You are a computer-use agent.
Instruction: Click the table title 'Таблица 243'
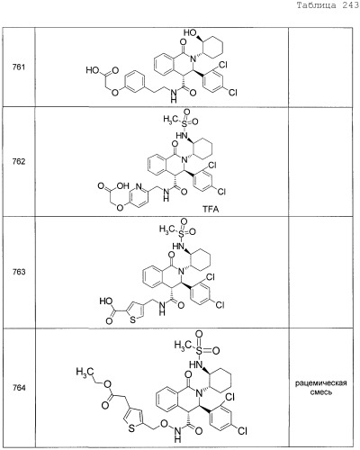[328, 5]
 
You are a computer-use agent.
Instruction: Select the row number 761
[19, 67]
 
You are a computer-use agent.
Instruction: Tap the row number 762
[19, 162]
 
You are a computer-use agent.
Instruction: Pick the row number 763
[19, 272]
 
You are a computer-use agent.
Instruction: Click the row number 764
[19, 388]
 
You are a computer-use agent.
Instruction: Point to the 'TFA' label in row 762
[211, 209]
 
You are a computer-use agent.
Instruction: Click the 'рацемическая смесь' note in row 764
[321, 387]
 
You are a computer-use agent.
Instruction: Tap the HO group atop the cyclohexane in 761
[190, 32]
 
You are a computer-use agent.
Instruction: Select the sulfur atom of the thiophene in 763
[132, 319]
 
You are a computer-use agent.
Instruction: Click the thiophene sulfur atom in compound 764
[131, 428]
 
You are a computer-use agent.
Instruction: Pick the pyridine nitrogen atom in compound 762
[139, 186]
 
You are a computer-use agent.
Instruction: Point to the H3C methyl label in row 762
[171, 120]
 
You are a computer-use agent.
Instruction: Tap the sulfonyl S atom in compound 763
[182, 232]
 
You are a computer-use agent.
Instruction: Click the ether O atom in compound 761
[115, 92]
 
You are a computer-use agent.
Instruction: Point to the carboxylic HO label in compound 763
[106, 301]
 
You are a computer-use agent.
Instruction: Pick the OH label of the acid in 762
[122, 186]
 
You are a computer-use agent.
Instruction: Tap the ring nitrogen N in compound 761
[193, 59]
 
